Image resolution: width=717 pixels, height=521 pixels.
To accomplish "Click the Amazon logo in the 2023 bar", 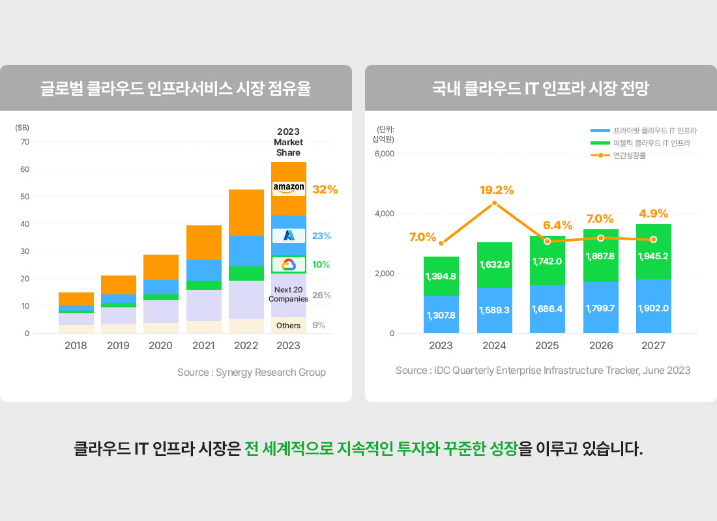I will click(289, 188).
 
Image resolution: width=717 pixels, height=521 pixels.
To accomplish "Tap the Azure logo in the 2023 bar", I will click(289, 236).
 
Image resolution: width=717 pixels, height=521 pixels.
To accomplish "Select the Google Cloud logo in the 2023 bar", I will click(289, 264).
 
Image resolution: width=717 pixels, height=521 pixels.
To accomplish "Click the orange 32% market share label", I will click(325, 190).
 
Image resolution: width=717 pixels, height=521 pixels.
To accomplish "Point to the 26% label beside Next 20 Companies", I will click(322, 295).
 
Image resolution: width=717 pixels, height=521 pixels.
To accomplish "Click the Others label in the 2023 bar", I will click(288, 325).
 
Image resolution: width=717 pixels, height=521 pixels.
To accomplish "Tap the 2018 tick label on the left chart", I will click(76, 346).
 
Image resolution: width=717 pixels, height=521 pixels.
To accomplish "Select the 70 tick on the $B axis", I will click(25, 142).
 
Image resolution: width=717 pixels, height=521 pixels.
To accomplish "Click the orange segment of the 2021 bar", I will click(203, 242).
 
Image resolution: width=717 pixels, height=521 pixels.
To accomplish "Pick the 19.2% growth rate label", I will click(497, 190).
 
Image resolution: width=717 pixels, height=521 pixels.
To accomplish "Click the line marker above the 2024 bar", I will click(494, 203).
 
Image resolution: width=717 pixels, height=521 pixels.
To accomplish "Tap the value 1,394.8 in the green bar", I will click(441, 276).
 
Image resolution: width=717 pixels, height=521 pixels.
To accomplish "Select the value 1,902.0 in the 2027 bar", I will click(654, 308).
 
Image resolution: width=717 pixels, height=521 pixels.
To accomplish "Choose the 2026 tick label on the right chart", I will click(600, 346).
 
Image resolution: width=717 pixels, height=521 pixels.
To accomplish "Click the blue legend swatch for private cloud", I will click(600, 131).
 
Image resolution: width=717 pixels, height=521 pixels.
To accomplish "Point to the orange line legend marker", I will click(600, 155).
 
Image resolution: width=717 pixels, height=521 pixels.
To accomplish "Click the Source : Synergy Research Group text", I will click(252, 373).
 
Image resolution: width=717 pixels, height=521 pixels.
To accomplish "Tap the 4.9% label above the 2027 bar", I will click(654, 213).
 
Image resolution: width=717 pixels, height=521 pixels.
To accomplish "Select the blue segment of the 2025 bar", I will click(547, 309).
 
